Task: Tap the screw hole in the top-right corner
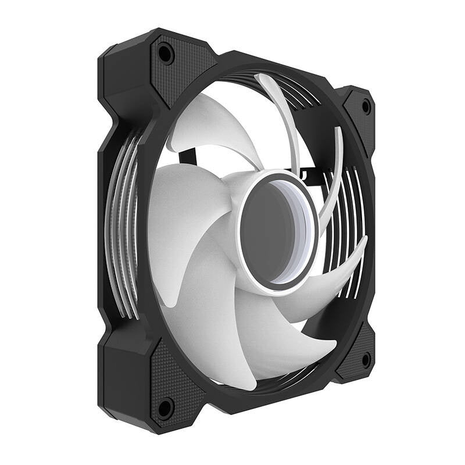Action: [x=366, y=106]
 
